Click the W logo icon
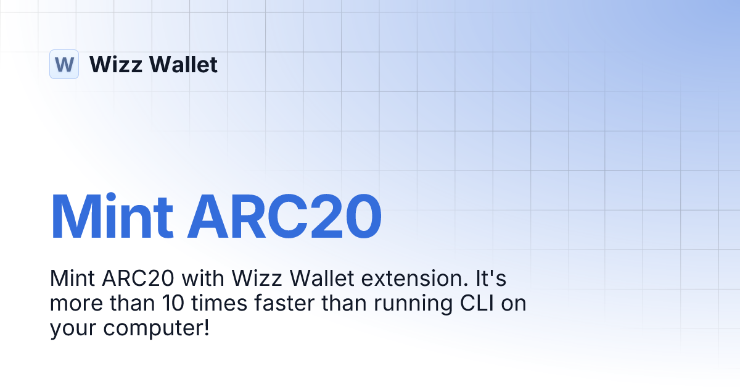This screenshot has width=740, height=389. (x=64, y=64)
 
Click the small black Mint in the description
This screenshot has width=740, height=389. (x=71, y=280)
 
